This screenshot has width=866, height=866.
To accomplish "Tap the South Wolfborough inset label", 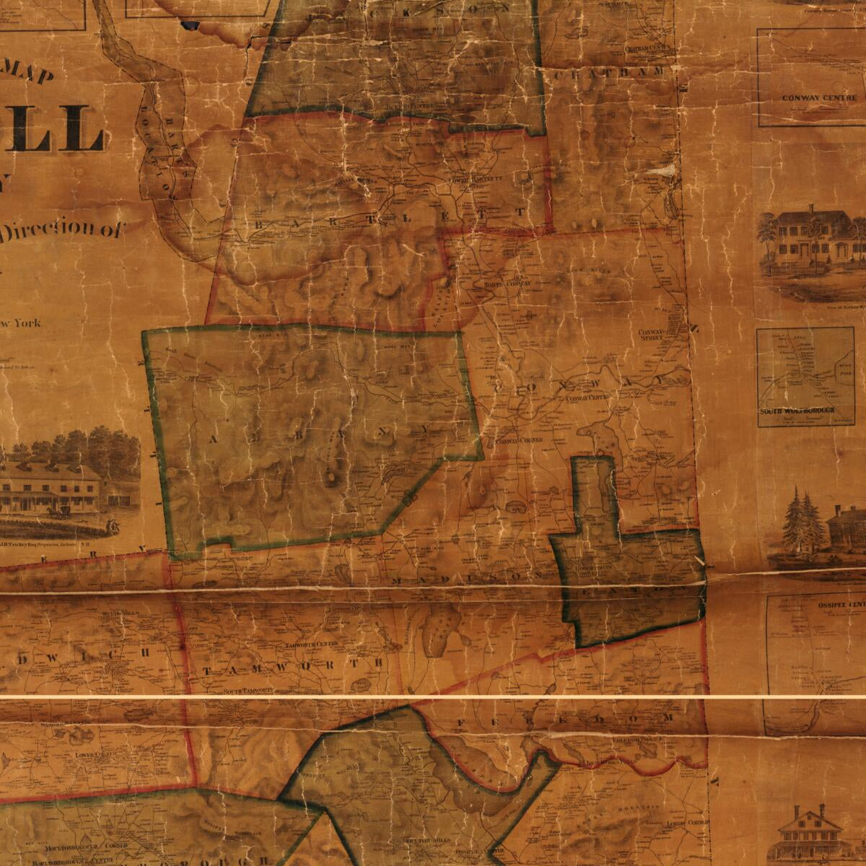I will pos(797,411).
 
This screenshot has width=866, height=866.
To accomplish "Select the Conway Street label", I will pos(651,335).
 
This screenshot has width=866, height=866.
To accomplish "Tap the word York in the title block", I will pos(26,324).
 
